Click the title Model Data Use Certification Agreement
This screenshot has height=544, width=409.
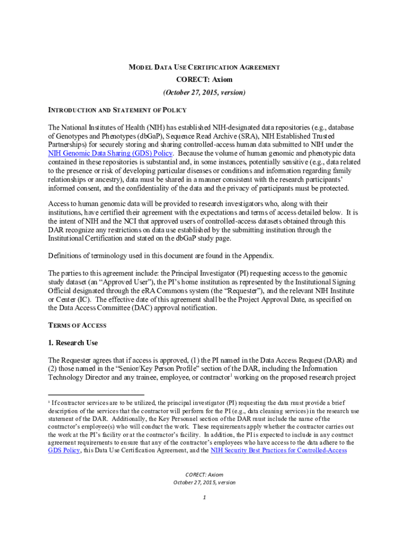click(204, 67)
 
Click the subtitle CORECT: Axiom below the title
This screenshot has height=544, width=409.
click(204, 80)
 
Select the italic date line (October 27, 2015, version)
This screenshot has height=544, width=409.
click(204, 92)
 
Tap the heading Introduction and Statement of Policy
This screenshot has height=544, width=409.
click(117, 110)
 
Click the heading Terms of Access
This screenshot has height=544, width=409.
click(77, 325)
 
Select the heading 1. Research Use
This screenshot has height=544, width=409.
click(73, 343)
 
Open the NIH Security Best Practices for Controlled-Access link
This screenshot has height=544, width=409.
click(279, 450)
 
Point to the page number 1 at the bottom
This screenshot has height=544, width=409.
click(204, 497)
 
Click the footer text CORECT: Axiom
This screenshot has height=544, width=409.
click(204, 474)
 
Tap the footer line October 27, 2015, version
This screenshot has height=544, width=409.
click(204, 482)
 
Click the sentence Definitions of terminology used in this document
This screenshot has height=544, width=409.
click(161, 256)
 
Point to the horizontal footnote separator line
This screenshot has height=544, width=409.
click(96, 395)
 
